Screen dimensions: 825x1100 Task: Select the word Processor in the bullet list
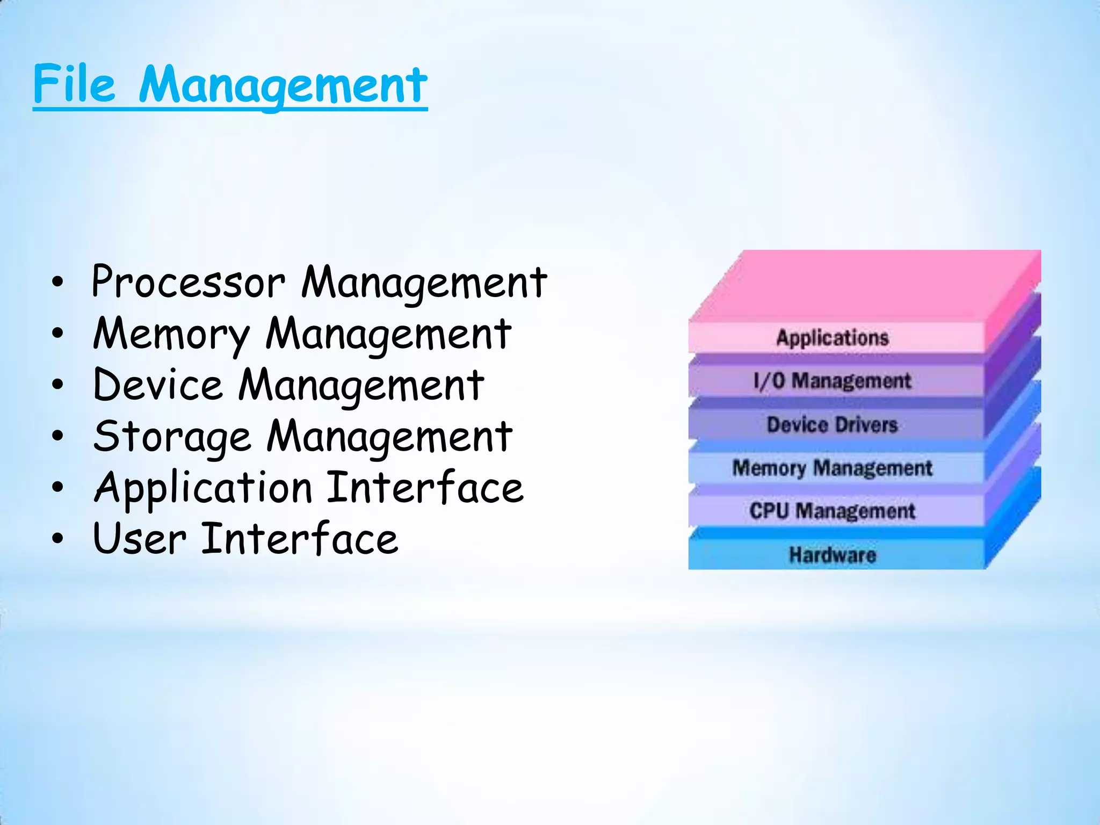tap(188, 282)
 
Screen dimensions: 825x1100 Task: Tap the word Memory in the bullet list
tap(171, 334)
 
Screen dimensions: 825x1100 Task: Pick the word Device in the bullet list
tap(157, 385)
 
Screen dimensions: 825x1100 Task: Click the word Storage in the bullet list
tap(172, 436)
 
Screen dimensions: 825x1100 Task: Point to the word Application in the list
tap(203, 488)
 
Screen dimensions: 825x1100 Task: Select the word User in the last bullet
tap(139, 539)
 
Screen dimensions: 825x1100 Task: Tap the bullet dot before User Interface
tap(57, 539)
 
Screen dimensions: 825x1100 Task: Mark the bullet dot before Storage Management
tap(57, 436)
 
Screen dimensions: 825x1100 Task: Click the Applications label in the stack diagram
tap(832, 338)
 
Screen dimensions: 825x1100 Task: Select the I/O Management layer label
tap(832, 381)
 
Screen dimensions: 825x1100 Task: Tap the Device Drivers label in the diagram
tap(832, 425)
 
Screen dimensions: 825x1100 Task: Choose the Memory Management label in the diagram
tap(832, 468)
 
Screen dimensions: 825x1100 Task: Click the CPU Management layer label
tap(832, 511)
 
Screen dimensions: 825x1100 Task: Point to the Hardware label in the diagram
tap(832, 555)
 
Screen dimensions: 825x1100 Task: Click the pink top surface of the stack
tap(865, 285)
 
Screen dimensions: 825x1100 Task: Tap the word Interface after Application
tap(425, 488)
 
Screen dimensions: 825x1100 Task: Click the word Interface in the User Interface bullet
tap(299, 539)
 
